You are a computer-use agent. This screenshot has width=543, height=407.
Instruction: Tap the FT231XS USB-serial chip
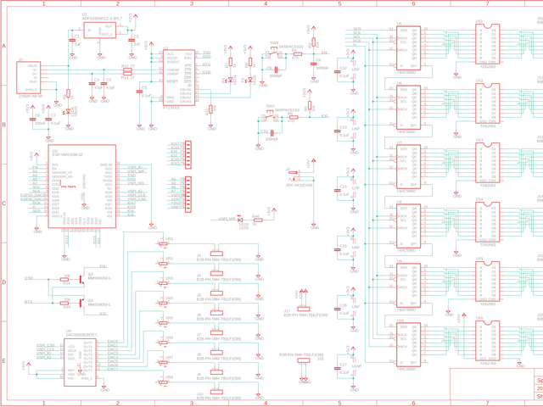pos(182,77)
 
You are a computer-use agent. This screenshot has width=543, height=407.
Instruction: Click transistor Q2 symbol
pos(81,277)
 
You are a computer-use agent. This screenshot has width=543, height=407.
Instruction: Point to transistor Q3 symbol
pos(81,302)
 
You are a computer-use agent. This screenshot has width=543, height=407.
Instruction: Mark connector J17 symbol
pos(303,310)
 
